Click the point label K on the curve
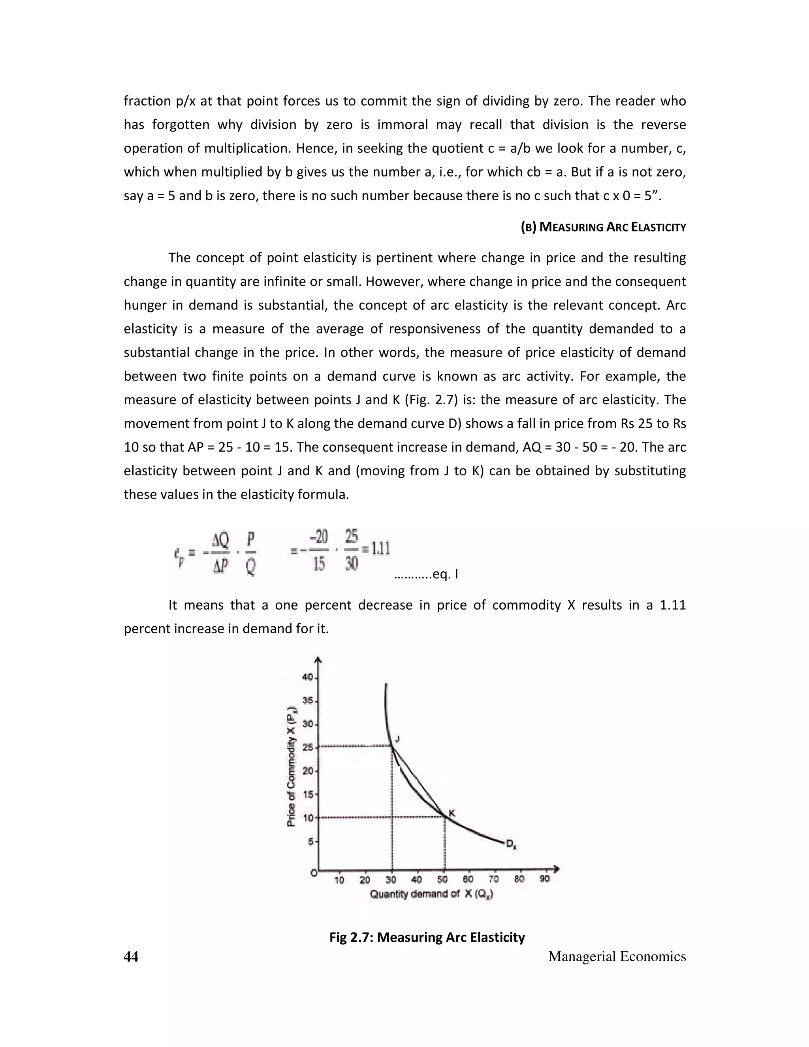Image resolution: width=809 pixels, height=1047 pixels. (x=452, y=813)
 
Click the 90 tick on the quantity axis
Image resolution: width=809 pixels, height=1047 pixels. (x=544, y=879)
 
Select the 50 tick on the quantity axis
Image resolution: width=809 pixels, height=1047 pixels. (x=442, y=879)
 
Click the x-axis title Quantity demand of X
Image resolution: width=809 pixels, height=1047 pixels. (x=431, y=894)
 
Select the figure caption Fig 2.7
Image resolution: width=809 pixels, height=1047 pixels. (x=427, y=937)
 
